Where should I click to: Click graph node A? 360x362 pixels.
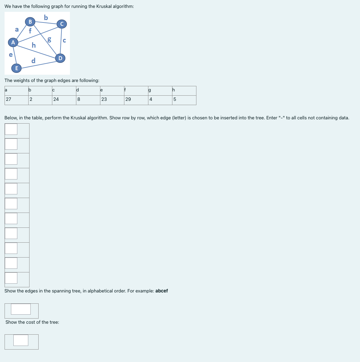click(13, 43)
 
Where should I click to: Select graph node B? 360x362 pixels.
click(30, 22)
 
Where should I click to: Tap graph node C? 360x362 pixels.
click(62, 24)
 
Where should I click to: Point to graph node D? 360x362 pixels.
click(60, 58)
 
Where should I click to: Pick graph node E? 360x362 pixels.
click(16, 68)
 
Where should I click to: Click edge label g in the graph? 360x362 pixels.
click(49, 39)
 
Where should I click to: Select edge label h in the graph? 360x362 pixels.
click(34, 45)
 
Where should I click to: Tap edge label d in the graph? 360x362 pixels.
click(33, 60)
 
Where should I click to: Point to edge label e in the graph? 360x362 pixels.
click(11, 55)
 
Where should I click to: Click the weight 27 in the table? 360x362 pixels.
click(9, 99)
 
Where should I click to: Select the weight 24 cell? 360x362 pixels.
click(56, 99)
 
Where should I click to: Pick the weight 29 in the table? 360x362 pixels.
click(128, 99)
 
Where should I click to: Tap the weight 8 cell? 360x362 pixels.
click(79, 99)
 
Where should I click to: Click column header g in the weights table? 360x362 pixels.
click(149, 90)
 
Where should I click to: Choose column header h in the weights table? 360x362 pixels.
click(174, 90)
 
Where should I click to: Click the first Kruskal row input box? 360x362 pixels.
click(11, 129)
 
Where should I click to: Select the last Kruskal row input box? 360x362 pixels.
click(11, 278)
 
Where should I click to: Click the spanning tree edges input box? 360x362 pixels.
click(21, 309)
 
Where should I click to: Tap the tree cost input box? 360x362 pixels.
click(21, 340)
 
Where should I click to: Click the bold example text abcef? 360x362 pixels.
click(161, 291)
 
